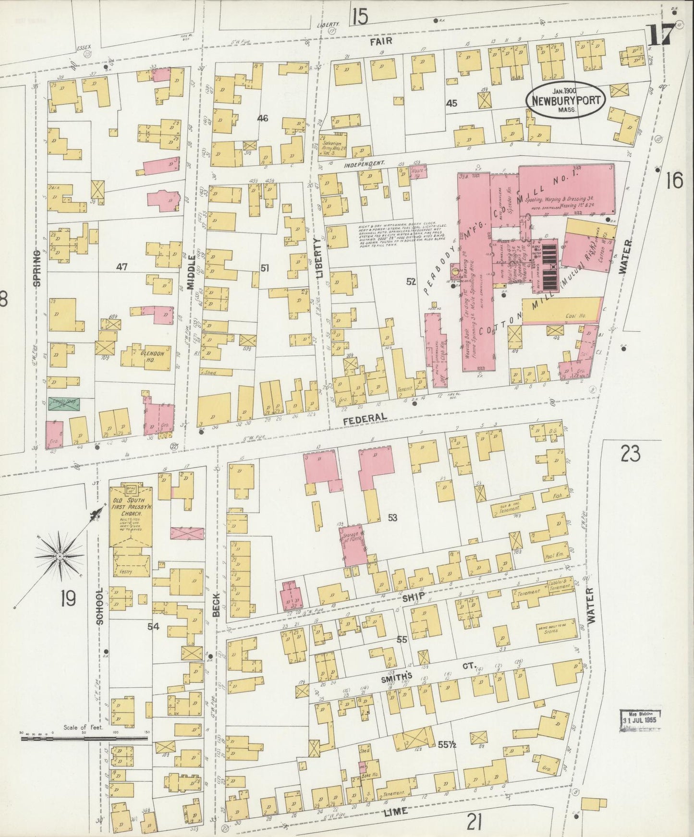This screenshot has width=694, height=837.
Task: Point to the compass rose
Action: pos(60,556)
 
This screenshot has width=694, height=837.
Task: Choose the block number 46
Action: pos(262,119)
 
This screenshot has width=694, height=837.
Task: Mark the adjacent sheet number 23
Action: pos(630,453)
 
